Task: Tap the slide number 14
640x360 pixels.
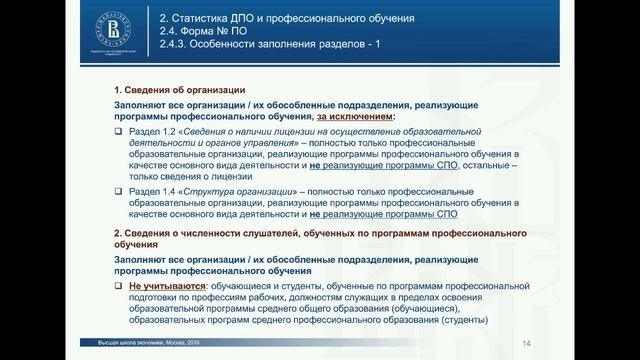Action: point(525,345)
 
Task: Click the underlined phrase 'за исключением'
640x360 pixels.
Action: point(357,117)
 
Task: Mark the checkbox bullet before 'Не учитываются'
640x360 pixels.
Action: point(118,285)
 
